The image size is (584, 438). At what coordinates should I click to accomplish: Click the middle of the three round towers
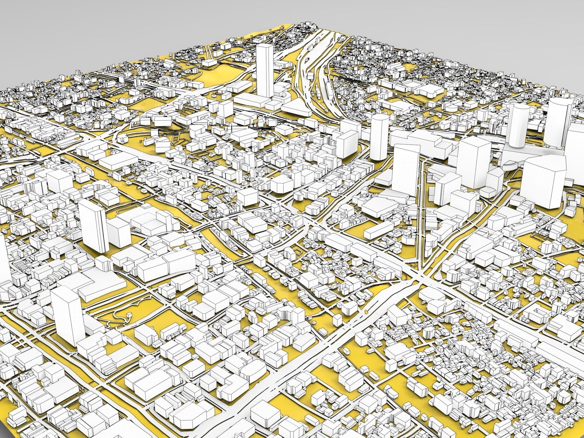pos(519,126)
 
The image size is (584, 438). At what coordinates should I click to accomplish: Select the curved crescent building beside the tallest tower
pos(282,93)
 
